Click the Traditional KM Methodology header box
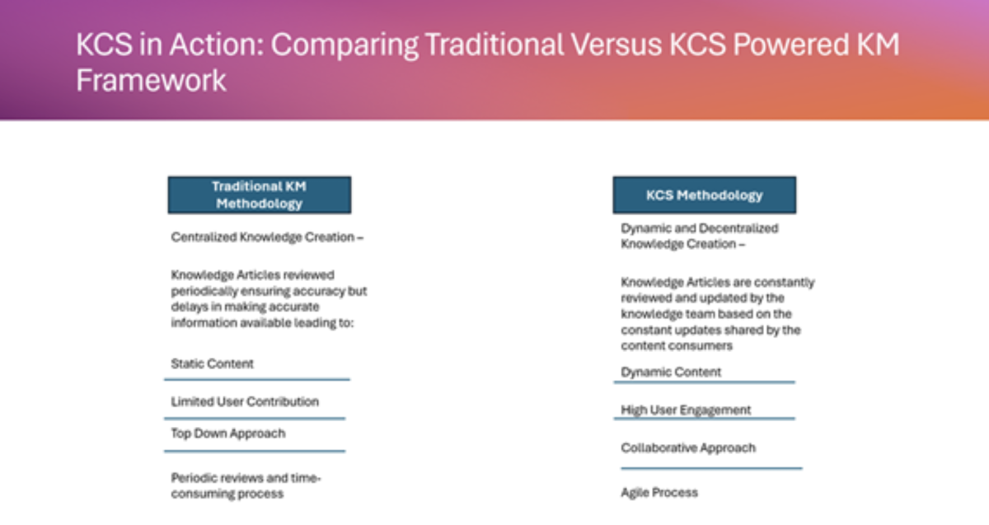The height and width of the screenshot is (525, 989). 260,195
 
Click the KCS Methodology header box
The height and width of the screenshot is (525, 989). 705,195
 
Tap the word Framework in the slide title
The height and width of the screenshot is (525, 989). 151,81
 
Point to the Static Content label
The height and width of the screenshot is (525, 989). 213,363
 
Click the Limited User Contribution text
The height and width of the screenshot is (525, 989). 245,402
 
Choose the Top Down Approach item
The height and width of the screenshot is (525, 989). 228,434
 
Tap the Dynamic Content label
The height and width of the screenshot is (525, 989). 671,373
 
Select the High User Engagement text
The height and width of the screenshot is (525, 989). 686,410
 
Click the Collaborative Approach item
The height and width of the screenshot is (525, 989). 688,448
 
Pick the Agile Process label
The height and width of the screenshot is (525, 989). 659,493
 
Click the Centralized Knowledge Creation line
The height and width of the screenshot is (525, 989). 267,237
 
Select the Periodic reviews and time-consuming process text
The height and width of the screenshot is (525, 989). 246,485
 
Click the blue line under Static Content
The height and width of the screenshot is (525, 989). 257,379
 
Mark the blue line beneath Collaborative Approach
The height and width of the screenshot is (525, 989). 711,468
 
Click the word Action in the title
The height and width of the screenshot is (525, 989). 216,45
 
